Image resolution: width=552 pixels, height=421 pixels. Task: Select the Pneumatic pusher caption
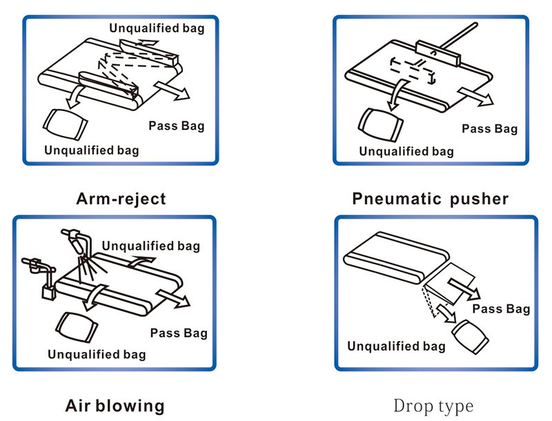pyautogui.click(x=430, y=199)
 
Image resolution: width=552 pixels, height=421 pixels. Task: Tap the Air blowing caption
pyautogui.click(x=115, y=405)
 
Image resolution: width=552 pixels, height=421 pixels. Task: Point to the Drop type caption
pyautogui.click(x=433, y=405)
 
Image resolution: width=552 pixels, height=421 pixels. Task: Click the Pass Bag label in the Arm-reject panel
pyautogui.click(x=177, y=126)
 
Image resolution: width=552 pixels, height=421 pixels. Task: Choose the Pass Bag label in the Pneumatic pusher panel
pyautogui.click(x=489, y=128)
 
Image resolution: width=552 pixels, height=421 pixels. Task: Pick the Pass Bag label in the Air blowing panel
pyautogui.click(x=178, y=333)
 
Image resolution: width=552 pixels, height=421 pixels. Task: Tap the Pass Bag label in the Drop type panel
pyautogui.click(x=502, y=309)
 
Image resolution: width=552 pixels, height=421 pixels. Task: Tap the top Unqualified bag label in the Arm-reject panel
pyautogui.click(x=157, y=28)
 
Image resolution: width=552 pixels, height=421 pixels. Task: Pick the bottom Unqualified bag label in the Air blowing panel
pyautogui.click(x=97, y=354)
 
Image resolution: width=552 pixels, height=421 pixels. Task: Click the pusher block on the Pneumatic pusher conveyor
pyautogui.click(x=439, y=50)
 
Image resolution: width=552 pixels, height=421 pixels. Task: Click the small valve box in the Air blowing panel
pyautogui.click(x=48, y=292)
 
